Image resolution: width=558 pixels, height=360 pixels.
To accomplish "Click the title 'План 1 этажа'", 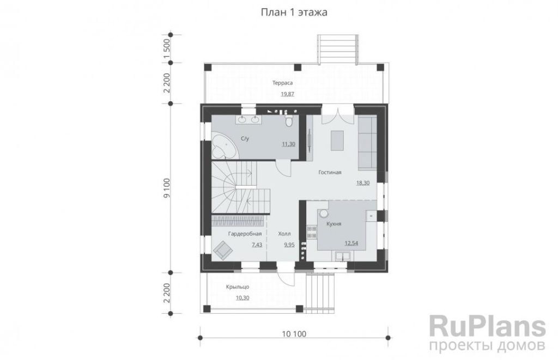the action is click(294, 13).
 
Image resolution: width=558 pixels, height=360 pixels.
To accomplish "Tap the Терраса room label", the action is click(283, 83).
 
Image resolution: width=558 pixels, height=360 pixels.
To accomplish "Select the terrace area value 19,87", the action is click(288, 94).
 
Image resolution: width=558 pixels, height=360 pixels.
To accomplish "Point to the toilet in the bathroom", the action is click(289, 120).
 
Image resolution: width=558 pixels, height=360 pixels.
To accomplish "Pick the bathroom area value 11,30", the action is click(289, 144).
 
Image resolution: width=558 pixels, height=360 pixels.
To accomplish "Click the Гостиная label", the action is click(330, 172).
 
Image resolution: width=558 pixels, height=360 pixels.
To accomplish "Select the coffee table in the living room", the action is click(337, 141).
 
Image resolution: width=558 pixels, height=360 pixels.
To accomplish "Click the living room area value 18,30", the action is click(363, 183).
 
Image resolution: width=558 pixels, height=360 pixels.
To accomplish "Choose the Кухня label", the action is click(334, 224).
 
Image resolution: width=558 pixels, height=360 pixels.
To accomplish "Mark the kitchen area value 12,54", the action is click(351, 243).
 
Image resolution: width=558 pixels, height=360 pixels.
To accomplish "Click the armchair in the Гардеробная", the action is click(223, 250).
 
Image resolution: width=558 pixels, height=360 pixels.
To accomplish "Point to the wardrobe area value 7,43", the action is click(257, 245).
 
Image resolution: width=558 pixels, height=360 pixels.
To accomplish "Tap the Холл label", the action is click(284, 234).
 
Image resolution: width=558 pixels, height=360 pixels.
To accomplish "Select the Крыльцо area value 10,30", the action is click(242, 298).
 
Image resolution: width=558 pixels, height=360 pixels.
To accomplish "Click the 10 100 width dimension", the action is click(294, 334).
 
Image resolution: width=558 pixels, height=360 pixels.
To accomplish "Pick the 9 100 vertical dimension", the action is click(167, 188).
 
